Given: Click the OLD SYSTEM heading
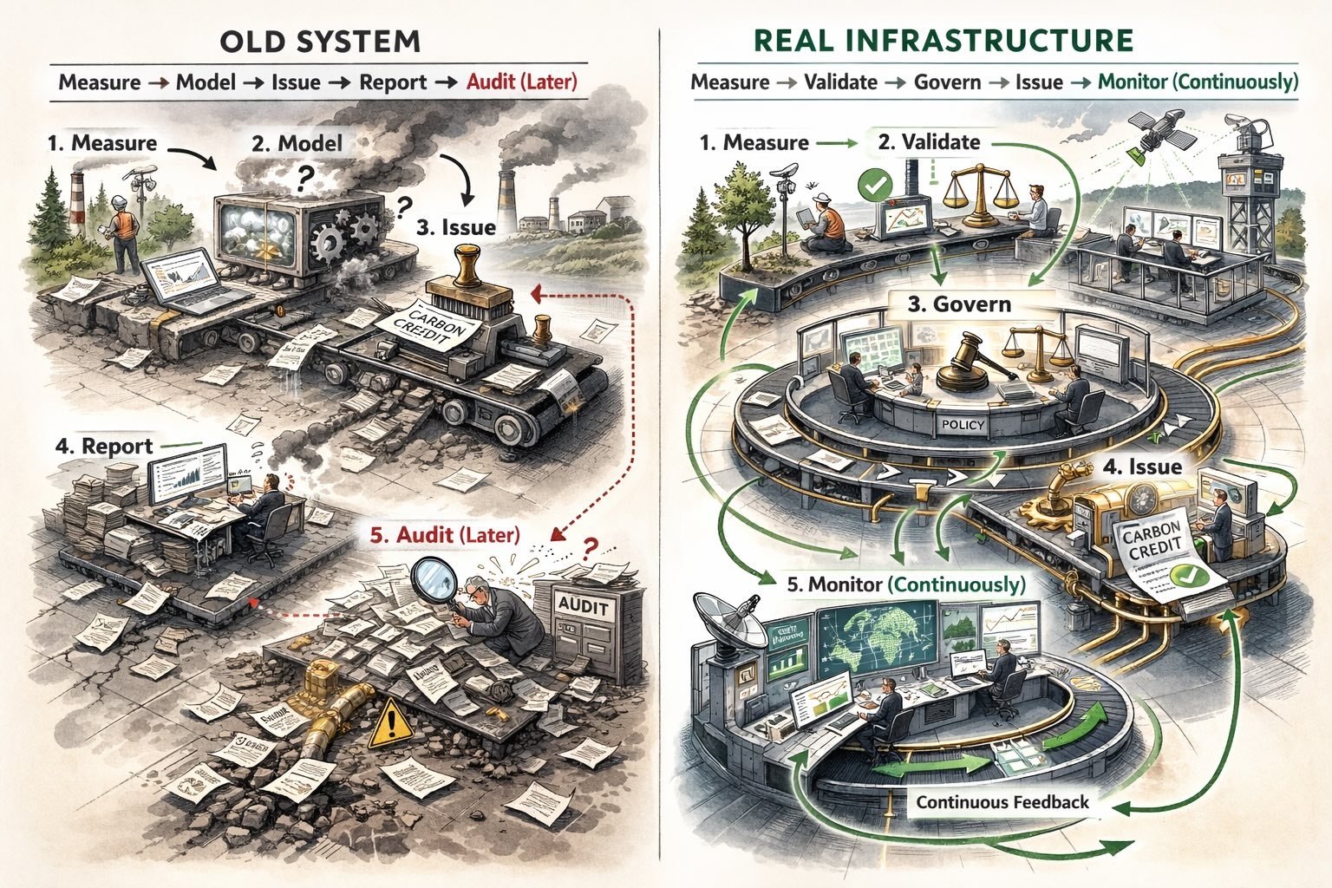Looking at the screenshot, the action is point(320,41).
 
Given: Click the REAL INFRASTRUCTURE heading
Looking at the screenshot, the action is point(943,41).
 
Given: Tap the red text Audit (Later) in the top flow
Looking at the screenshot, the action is point(521,82).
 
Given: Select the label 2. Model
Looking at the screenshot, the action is point(297,143).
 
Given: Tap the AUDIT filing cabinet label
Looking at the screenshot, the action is point(584,605).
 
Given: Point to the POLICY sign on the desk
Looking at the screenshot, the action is point(963,425).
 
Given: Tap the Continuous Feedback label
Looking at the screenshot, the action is point(1002,802).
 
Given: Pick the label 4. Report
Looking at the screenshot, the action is point(103,447).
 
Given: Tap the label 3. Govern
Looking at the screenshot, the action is point(959,304).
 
